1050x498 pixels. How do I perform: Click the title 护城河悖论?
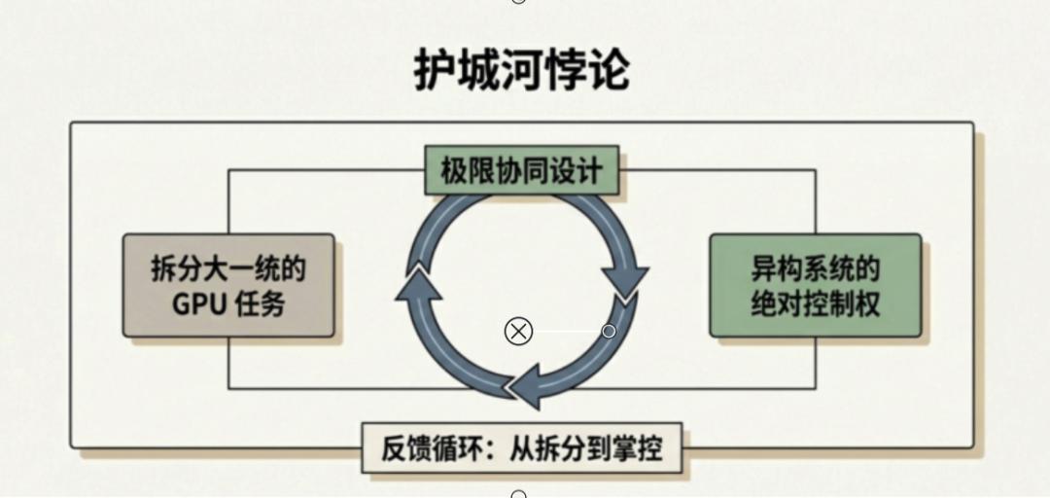pyautogui.click(x=522, y=71)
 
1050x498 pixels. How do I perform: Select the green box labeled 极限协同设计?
pyautogui.click(x=522, y=171)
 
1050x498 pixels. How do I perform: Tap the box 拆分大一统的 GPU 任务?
pyautogui.click(x=228, y=285)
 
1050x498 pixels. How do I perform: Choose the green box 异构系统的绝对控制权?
pyautogui.click(x=815, y=285)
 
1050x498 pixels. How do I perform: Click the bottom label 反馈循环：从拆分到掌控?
pyautogui.click(x=522, y=450)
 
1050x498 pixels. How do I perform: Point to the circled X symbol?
pyautogui.click(x=519, y=332)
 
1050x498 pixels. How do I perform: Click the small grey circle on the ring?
pyautogui.click(x=609, y=332)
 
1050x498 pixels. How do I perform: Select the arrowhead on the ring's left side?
pyautogui.click(x=416, y=283)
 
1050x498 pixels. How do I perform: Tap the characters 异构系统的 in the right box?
pyautogui.click(x=815, y=267)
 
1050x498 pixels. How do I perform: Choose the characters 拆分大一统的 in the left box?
pyautogui.click(x=228, y=267)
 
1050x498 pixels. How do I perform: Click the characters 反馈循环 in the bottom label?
pyautogui.click(x=429, y=450)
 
